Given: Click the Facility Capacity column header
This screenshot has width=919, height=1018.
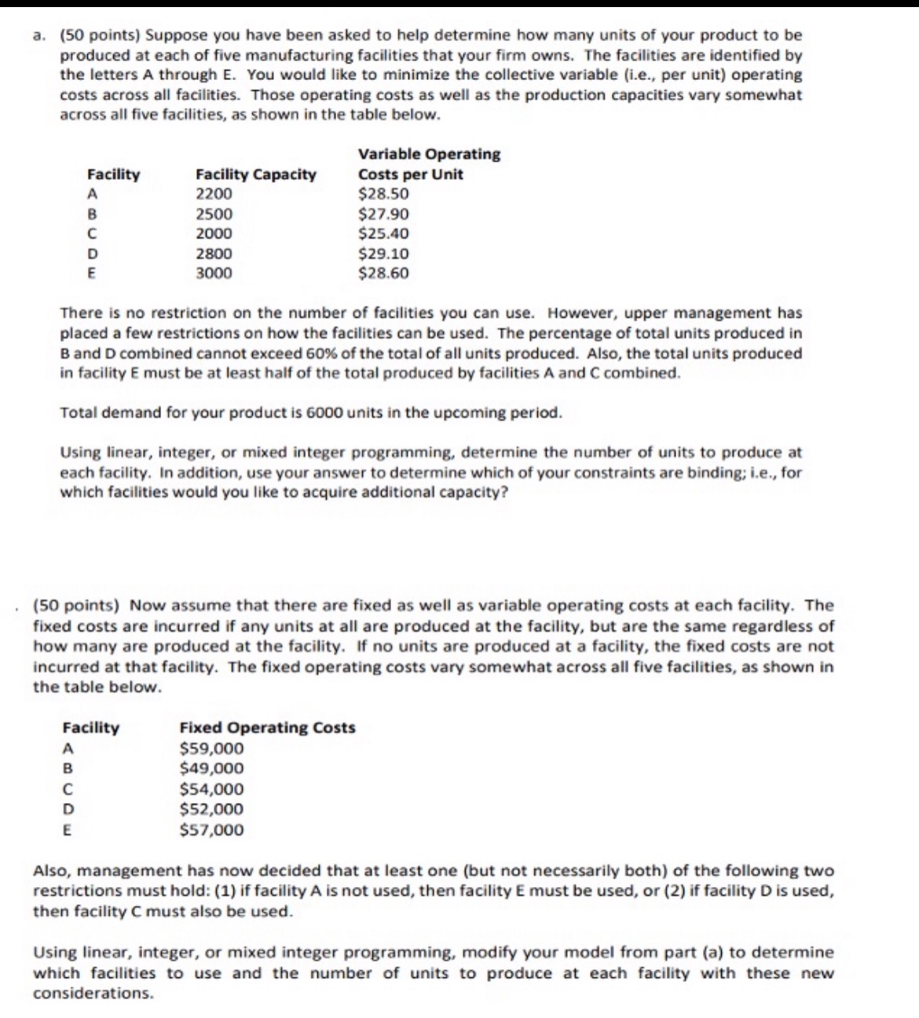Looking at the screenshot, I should tap(255, 174).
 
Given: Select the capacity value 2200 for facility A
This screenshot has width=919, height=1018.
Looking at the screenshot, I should tap(214, 194).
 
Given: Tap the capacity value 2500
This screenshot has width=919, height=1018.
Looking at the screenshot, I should tap(214, 214).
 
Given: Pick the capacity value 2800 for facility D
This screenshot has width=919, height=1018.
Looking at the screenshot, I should tap(214, 254).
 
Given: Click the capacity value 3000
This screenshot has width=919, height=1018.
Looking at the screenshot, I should tap(214, 273).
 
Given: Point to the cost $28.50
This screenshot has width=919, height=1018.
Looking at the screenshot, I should tap(383, 194).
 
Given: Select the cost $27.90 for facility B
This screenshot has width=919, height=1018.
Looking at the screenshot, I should tap(383, 214).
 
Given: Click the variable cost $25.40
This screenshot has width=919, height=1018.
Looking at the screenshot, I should tap(383, 233).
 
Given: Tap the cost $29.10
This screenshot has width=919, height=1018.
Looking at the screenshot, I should tap(383, 254).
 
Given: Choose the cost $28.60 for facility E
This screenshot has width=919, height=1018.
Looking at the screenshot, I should tap(383, 273).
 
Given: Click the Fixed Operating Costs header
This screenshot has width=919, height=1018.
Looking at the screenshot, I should tap(268, 728).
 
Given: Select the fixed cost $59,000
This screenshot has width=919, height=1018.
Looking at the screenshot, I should tap(212, 748).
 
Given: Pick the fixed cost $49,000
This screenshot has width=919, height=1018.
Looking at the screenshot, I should tap(212, 768).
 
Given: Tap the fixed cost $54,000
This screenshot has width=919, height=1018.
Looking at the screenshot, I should tap(212, 789).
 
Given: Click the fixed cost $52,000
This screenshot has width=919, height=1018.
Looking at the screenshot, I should tap(212, 809).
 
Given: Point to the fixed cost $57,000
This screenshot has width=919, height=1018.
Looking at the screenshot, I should tap(212, 830).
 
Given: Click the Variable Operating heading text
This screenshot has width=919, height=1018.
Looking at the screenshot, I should tap(429, 154).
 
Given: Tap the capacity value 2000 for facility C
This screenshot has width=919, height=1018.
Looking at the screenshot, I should tap(214, 233).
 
